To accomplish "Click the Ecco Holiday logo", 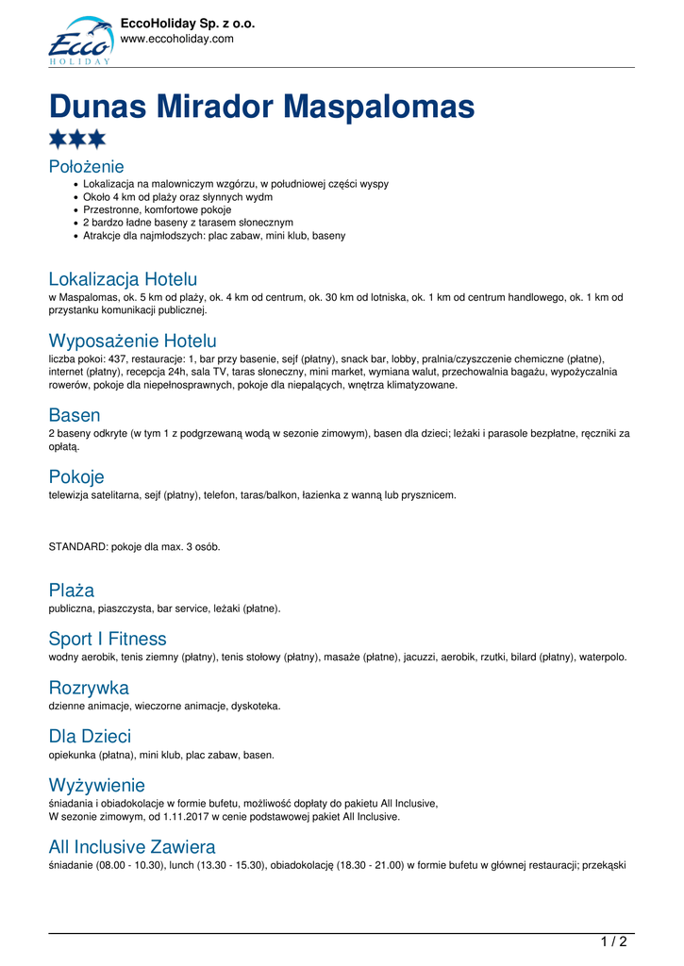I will click(79, 42).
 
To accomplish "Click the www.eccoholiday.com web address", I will click(176, 39).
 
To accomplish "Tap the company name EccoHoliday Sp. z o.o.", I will click(188, 24).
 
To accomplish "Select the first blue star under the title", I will click(58, 140).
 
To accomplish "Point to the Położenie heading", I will click(86, 167).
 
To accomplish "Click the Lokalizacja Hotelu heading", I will click(123, 279).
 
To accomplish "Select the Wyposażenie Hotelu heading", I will click(132, 341).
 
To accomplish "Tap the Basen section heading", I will click(75, 415).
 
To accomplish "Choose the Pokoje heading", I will click(76, 477).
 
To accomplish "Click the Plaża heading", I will click(72, 591).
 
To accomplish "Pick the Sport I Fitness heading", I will click(108, 639).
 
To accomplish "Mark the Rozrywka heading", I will click(89, 688).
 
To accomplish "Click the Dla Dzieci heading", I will click(90, 736).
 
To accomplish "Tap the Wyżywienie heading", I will click(97, 785).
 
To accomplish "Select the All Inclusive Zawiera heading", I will click(132, 846).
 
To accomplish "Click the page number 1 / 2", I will click(613, 941).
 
